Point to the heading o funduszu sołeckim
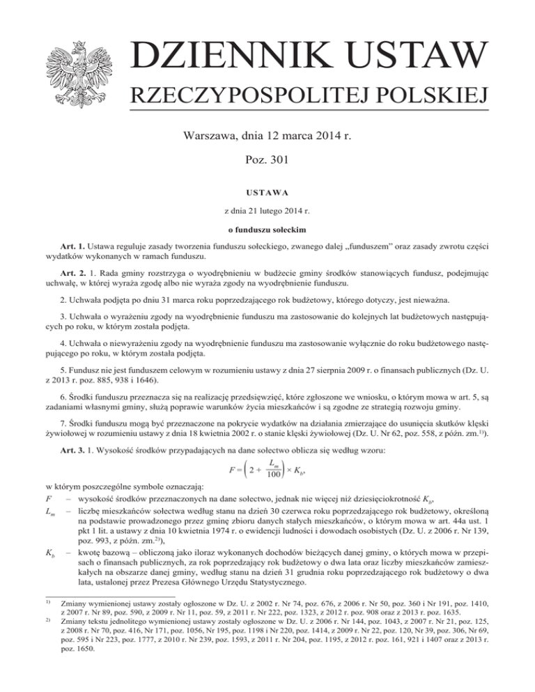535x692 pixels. pos(267,228)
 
